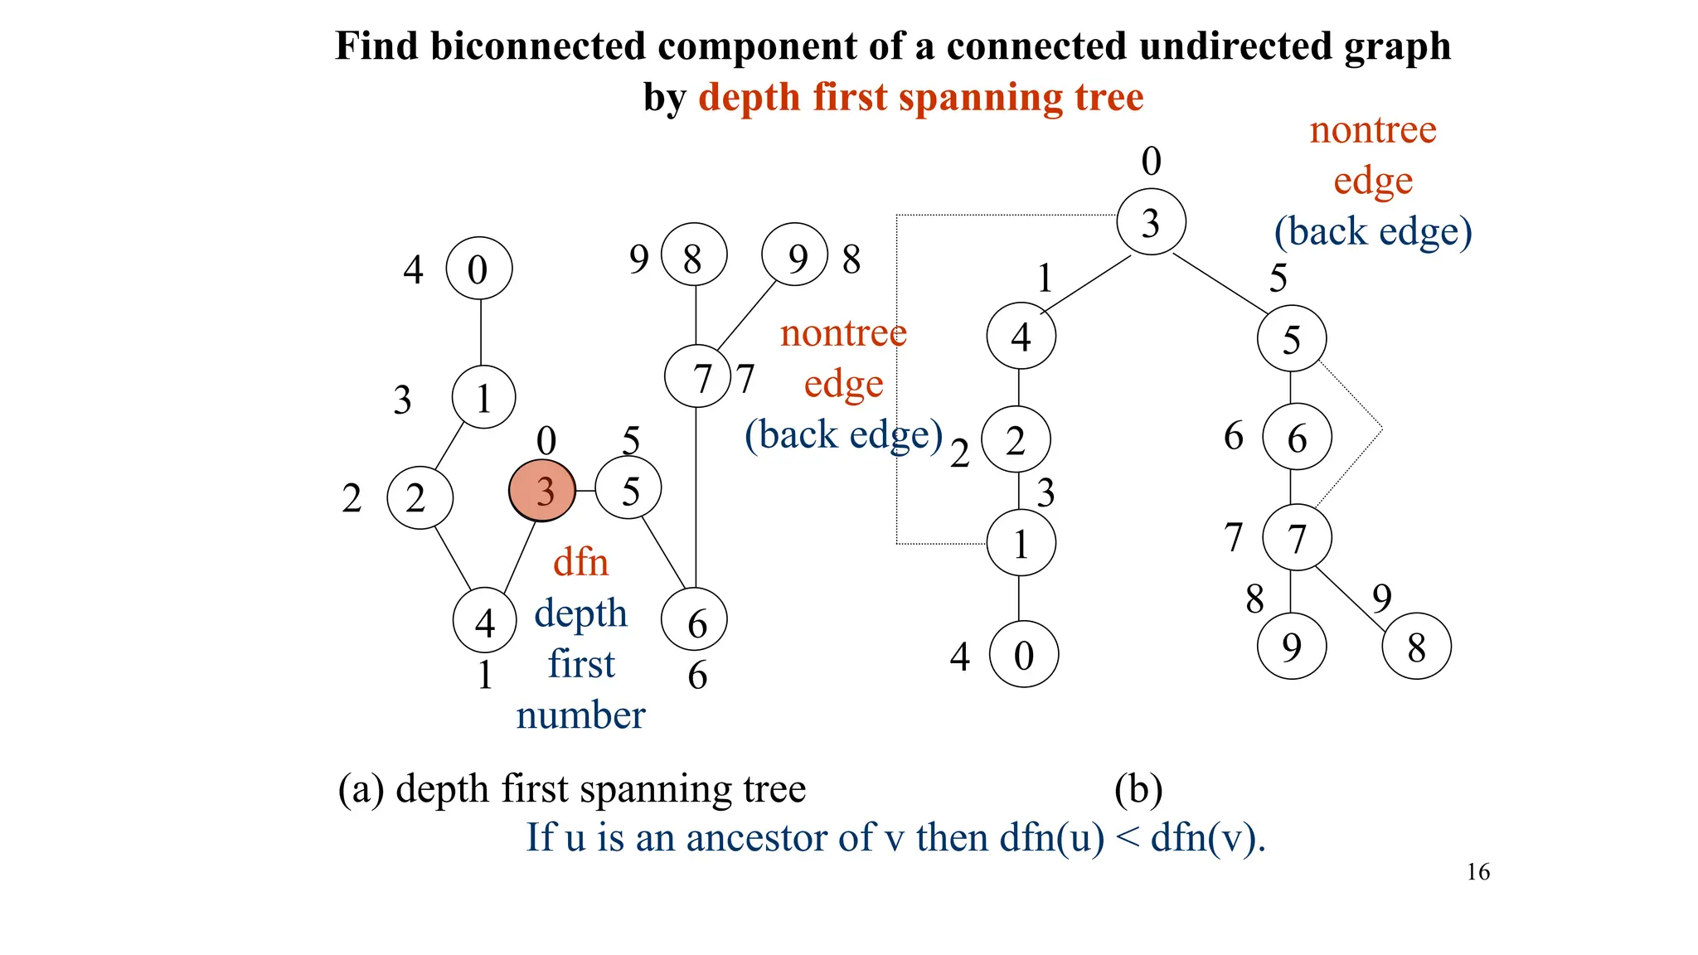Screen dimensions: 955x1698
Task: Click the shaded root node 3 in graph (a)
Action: pyautogui.click(x=542, y=491)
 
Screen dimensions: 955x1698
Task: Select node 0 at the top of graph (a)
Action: pyautogui.click(x=479, y=269)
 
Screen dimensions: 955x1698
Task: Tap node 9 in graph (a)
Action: pyautogui.click(x=795, y=255)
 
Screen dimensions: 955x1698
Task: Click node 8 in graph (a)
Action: pyautogui.click(x=694, y=255)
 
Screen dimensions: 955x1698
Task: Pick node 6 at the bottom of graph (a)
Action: pyautogui.click(x=695, y=619)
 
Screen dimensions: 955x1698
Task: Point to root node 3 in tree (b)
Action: pyautogui.click(x=1151, y=222)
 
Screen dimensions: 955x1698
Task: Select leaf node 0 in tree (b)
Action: pyautogui.click(x=1023, y=654)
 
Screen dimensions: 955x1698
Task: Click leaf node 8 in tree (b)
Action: pyautogui.click(x=1416, y=647)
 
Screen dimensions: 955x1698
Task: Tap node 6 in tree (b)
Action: pyautogui.click(x=1297, y=437)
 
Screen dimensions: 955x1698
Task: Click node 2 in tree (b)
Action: pyautogui.click(x=1016, y=439)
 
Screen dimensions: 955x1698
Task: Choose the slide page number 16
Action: pyautogui.click(x=1477, y=872)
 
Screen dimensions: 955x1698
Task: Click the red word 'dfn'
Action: pyautogui.click(x=580, y=563)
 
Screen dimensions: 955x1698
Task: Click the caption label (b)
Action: pyautogui.click(x=1138, y=789)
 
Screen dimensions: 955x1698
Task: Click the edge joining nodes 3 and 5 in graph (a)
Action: pyautogui.click(x=585, y=491)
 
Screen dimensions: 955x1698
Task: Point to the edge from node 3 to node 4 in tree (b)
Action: pyautogui.click(x=1086, y=284)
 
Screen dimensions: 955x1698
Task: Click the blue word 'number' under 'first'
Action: pyautogui.click(x=580, y=715)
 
